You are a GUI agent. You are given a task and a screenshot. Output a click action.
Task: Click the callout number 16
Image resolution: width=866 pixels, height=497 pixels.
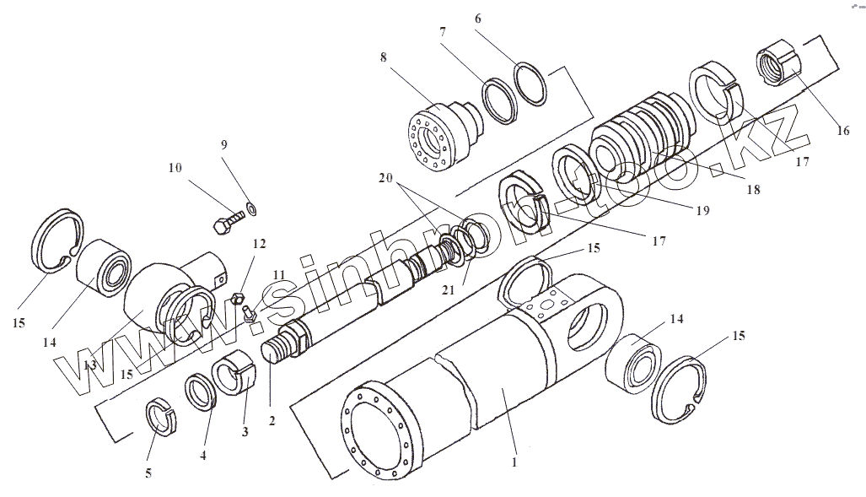pos(842,131)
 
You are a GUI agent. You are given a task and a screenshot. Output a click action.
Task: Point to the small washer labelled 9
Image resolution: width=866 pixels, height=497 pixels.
pos(251,206)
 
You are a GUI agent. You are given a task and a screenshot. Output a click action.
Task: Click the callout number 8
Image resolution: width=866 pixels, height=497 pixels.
pos(384,58)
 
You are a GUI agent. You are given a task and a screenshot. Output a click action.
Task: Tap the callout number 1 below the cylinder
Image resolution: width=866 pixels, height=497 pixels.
pos(515,462)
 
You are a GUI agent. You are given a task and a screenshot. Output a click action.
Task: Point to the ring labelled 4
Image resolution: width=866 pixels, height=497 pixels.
pos(201,394)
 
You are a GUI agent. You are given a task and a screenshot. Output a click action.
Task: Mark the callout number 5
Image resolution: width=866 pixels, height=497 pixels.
pos(148,473)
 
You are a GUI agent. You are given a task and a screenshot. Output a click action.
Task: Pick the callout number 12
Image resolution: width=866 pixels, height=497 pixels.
pos(259,244)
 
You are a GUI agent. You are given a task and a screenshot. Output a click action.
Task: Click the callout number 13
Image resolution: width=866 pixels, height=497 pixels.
pos(88,365)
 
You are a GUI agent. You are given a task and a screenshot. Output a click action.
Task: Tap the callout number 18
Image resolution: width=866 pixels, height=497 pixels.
pos(753,190)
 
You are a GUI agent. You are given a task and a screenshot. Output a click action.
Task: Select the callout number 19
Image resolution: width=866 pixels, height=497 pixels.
pos(702,210)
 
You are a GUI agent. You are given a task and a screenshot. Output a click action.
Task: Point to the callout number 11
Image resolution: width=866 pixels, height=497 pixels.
pos(279,276)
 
